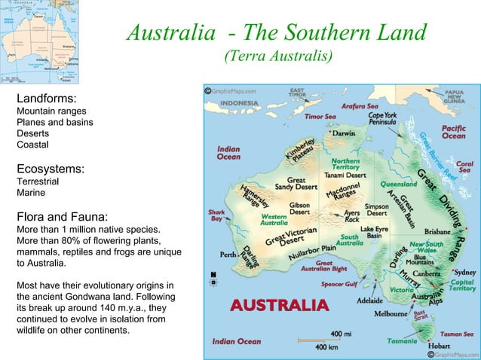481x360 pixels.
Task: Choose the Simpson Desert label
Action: pos(376,209)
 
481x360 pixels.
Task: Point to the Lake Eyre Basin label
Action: pos(375,232)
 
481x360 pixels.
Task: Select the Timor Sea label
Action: pos(320,117)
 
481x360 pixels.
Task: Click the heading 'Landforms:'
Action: pos(45,99)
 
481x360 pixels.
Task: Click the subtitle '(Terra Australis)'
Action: pos(277,56)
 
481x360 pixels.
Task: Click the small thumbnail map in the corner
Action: pos(39,41)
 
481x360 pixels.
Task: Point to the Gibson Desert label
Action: pos(299,208)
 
